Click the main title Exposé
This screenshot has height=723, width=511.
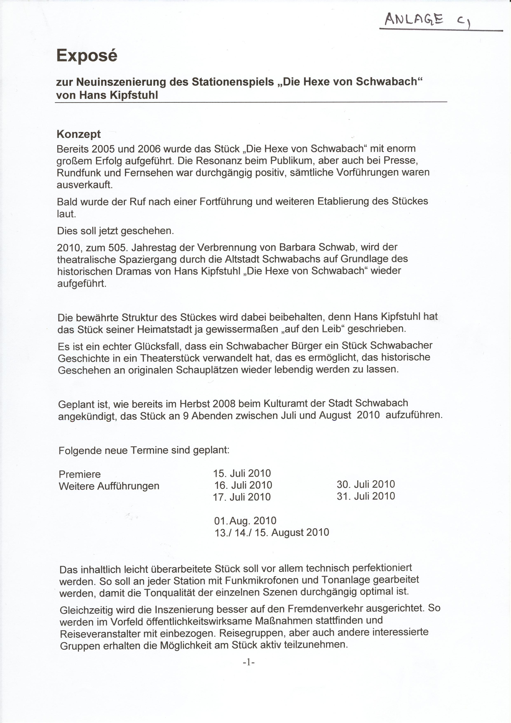coord(87,56)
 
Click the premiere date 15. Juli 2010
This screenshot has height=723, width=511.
coord(242,473)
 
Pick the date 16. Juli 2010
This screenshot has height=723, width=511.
coord(243,485)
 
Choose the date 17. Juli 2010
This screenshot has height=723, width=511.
coord(242,497)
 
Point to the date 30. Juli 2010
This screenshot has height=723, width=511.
coord(366,484)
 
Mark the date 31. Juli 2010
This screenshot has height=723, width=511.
coord(366,496)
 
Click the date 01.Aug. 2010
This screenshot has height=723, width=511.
coord(245,521)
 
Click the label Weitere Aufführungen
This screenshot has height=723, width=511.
coord(109,486)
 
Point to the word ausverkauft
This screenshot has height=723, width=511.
coord(84,185)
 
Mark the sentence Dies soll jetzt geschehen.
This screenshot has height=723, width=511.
coord(115,231)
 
